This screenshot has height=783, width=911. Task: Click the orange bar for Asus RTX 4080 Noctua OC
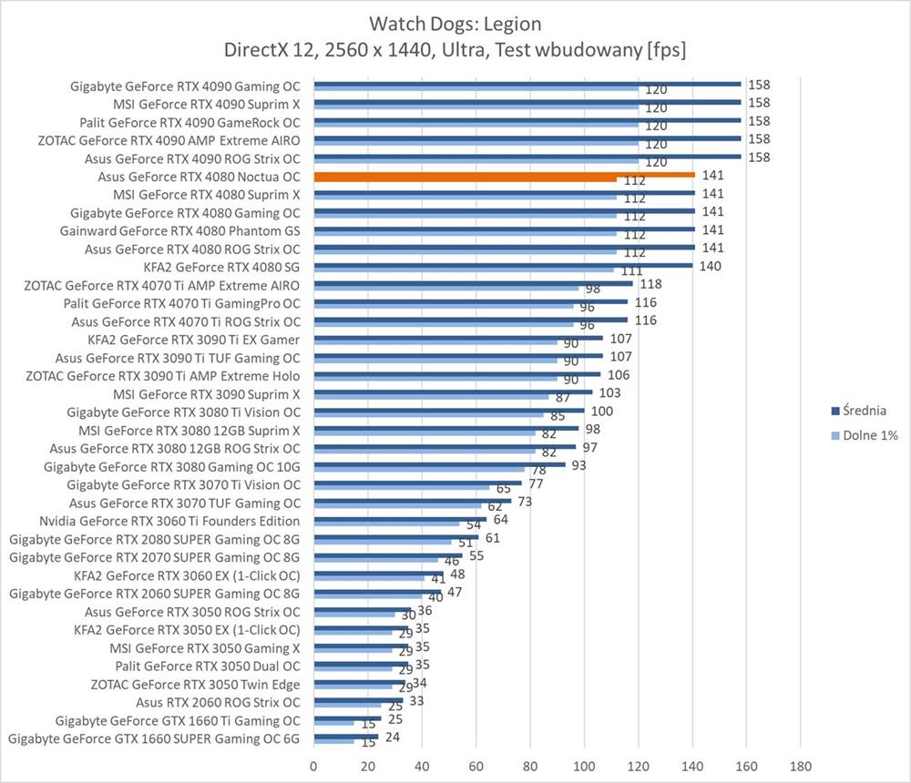pos(504,175)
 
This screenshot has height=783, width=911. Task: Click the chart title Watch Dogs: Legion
pos(455,23)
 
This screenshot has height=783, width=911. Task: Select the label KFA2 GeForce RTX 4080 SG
pos(222,267)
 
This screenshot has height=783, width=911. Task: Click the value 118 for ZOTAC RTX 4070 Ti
pos(652,284)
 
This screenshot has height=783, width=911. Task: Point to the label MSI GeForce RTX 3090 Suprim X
pos(207,394)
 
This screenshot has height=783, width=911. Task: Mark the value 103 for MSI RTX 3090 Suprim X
pos(611,392)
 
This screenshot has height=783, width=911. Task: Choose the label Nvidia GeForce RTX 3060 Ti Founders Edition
pos(169,521)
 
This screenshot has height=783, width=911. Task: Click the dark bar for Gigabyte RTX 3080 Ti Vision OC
pos(449,411)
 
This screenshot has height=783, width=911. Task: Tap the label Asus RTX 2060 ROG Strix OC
pos(218,702)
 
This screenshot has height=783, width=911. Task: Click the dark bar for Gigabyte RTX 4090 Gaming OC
pos(527,84)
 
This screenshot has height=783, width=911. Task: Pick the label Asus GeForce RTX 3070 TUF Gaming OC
pos(185,503)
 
